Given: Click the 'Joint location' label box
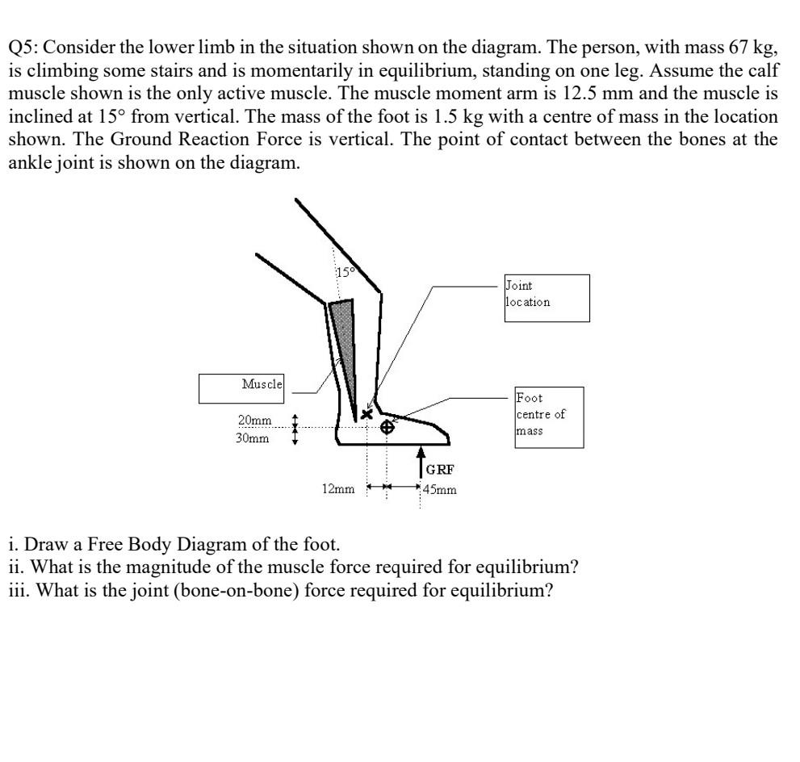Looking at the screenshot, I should click(x=546, y=298).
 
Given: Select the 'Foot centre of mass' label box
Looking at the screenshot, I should click(x=548, y=417).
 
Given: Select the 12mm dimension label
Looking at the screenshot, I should click(x=337, y=488).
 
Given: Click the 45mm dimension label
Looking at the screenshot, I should click(x=440, y=488).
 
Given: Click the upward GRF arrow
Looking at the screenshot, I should click(x=421, y=462).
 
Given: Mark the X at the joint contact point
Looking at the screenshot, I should click(x=367, y=414).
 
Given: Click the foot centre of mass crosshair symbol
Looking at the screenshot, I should click(x=387, y=426).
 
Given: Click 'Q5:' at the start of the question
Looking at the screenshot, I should click(x=24, y=46).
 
